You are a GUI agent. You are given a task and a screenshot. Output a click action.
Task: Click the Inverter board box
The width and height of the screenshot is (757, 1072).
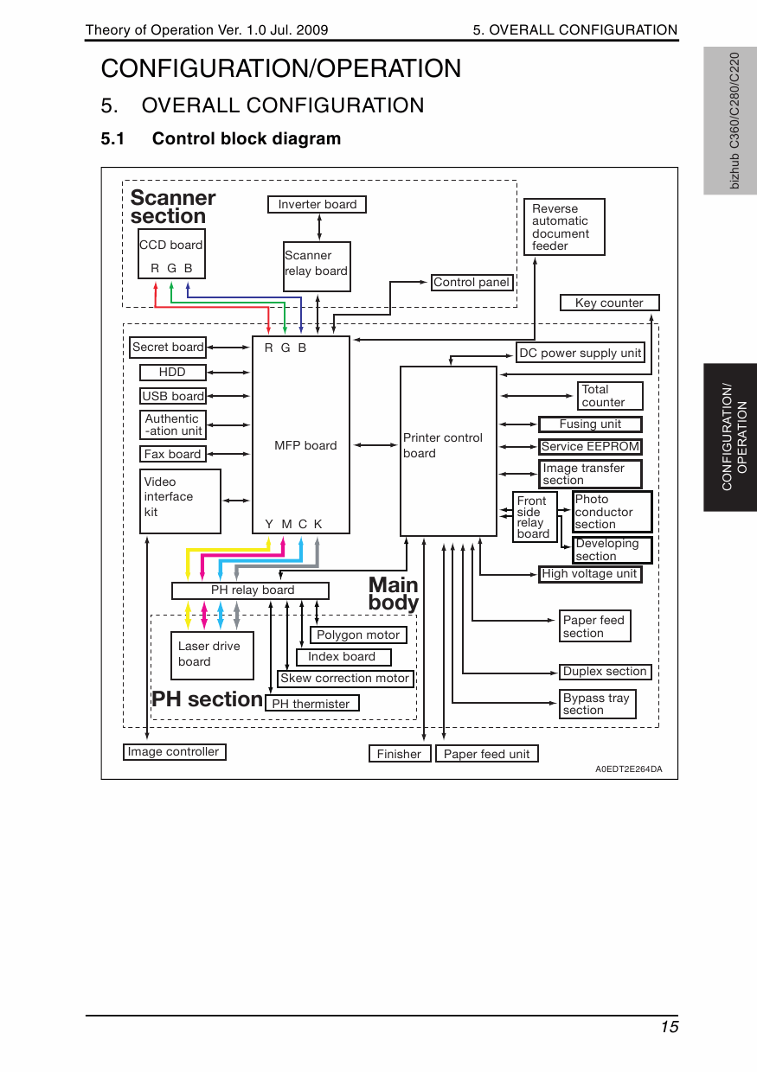pyautogui.click(x=318, y=205)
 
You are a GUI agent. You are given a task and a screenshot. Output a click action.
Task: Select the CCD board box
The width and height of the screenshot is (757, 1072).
pyautogui.click(x=171, y=254)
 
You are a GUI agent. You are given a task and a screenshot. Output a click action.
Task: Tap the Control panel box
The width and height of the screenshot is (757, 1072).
pyautogui.click(x=472, y=283)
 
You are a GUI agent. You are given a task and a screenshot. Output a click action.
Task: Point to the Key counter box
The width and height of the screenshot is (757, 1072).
pyautogui.click(x=609, y=303)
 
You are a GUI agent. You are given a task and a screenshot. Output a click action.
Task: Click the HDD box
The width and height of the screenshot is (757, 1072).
pyautogui.click(x=173, y=373)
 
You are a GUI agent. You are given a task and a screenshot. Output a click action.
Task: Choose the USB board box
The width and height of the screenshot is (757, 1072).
pyautogui.click(x=173, y=396)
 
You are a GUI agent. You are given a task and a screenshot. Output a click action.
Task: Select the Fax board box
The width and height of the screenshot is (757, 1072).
pyautogui.click(x=172, y=454)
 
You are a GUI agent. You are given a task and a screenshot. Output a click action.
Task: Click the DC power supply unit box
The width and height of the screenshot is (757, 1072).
pyautogui.click(x=580, y=353)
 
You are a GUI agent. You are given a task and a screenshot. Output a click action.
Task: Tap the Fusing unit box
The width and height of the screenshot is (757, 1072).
pyautogui.click(x=590, y=424)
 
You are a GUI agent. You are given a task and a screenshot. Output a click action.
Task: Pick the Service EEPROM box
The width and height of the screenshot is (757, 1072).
pyautogui.click(x=590, y=447)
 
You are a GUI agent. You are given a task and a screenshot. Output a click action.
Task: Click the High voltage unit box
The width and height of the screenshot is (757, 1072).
pyautogui.click(x=589, y=574)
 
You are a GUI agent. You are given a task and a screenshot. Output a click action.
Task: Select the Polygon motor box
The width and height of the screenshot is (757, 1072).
pyautogui.click(x=358, y=635)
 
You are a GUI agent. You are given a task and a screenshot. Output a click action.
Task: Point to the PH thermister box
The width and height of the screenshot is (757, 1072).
pyautogui.click(x=311, y=704)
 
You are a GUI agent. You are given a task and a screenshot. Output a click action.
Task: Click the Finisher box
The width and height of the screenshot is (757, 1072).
pyautogui.click(x=399, y=754)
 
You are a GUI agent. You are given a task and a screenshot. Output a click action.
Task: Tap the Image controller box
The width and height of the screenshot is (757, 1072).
pyautogui.click(x=174, y=752)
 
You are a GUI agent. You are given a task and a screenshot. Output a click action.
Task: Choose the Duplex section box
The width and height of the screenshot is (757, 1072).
pyautogui.click(x=605, y=672)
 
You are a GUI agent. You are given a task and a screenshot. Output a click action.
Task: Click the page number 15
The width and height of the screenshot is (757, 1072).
pyautogui.click(x=669, y=1027)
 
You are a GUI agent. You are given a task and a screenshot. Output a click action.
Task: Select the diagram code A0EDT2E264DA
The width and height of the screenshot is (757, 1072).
pyautogui.click(x=628, y=769)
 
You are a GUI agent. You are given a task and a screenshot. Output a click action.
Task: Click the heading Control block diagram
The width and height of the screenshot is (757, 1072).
pyautogui.click(x=247, y=138)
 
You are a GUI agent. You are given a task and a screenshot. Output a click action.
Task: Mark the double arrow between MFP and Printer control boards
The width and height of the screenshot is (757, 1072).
pyautogui.click(x=375, y=445)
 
